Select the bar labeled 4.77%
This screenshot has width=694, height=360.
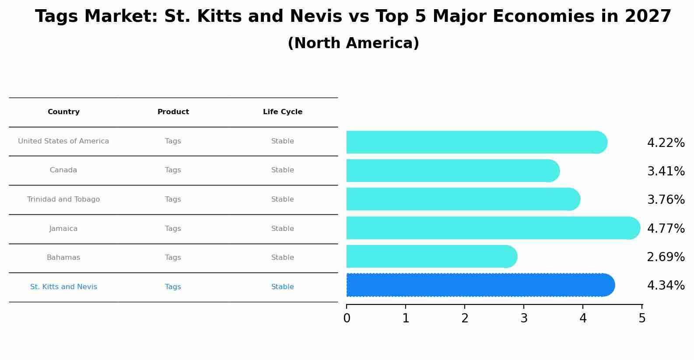pos(492,228)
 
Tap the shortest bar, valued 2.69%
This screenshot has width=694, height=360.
pos(431,256)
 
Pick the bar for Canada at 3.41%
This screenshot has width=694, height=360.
pos(452,171)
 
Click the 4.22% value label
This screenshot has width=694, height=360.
pos(666,143)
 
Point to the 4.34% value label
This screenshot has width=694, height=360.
pos(666,286)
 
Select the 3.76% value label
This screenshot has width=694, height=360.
pos(666,200)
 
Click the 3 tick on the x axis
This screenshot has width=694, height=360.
pos(524,318)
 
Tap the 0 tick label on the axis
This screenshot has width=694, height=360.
pos(347,318)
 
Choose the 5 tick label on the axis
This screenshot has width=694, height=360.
pos(642,318)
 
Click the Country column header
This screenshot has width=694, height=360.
pos(63,112)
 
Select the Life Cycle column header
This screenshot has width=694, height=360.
pos(283,112)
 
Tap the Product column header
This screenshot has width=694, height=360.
pos(173,112)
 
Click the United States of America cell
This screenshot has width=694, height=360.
pos(63,141)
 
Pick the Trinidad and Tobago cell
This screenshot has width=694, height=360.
pos(63,199)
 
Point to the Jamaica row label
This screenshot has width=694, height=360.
pos(63,229)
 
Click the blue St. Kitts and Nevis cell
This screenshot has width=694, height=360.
pos(63,287)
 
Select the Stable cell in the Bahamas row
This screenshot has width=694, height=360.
pos(283,258)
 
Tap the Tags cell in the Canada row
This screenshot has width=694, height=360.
pos(173,170)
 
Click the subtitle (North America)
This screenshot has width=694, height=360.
pos(353,43)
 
